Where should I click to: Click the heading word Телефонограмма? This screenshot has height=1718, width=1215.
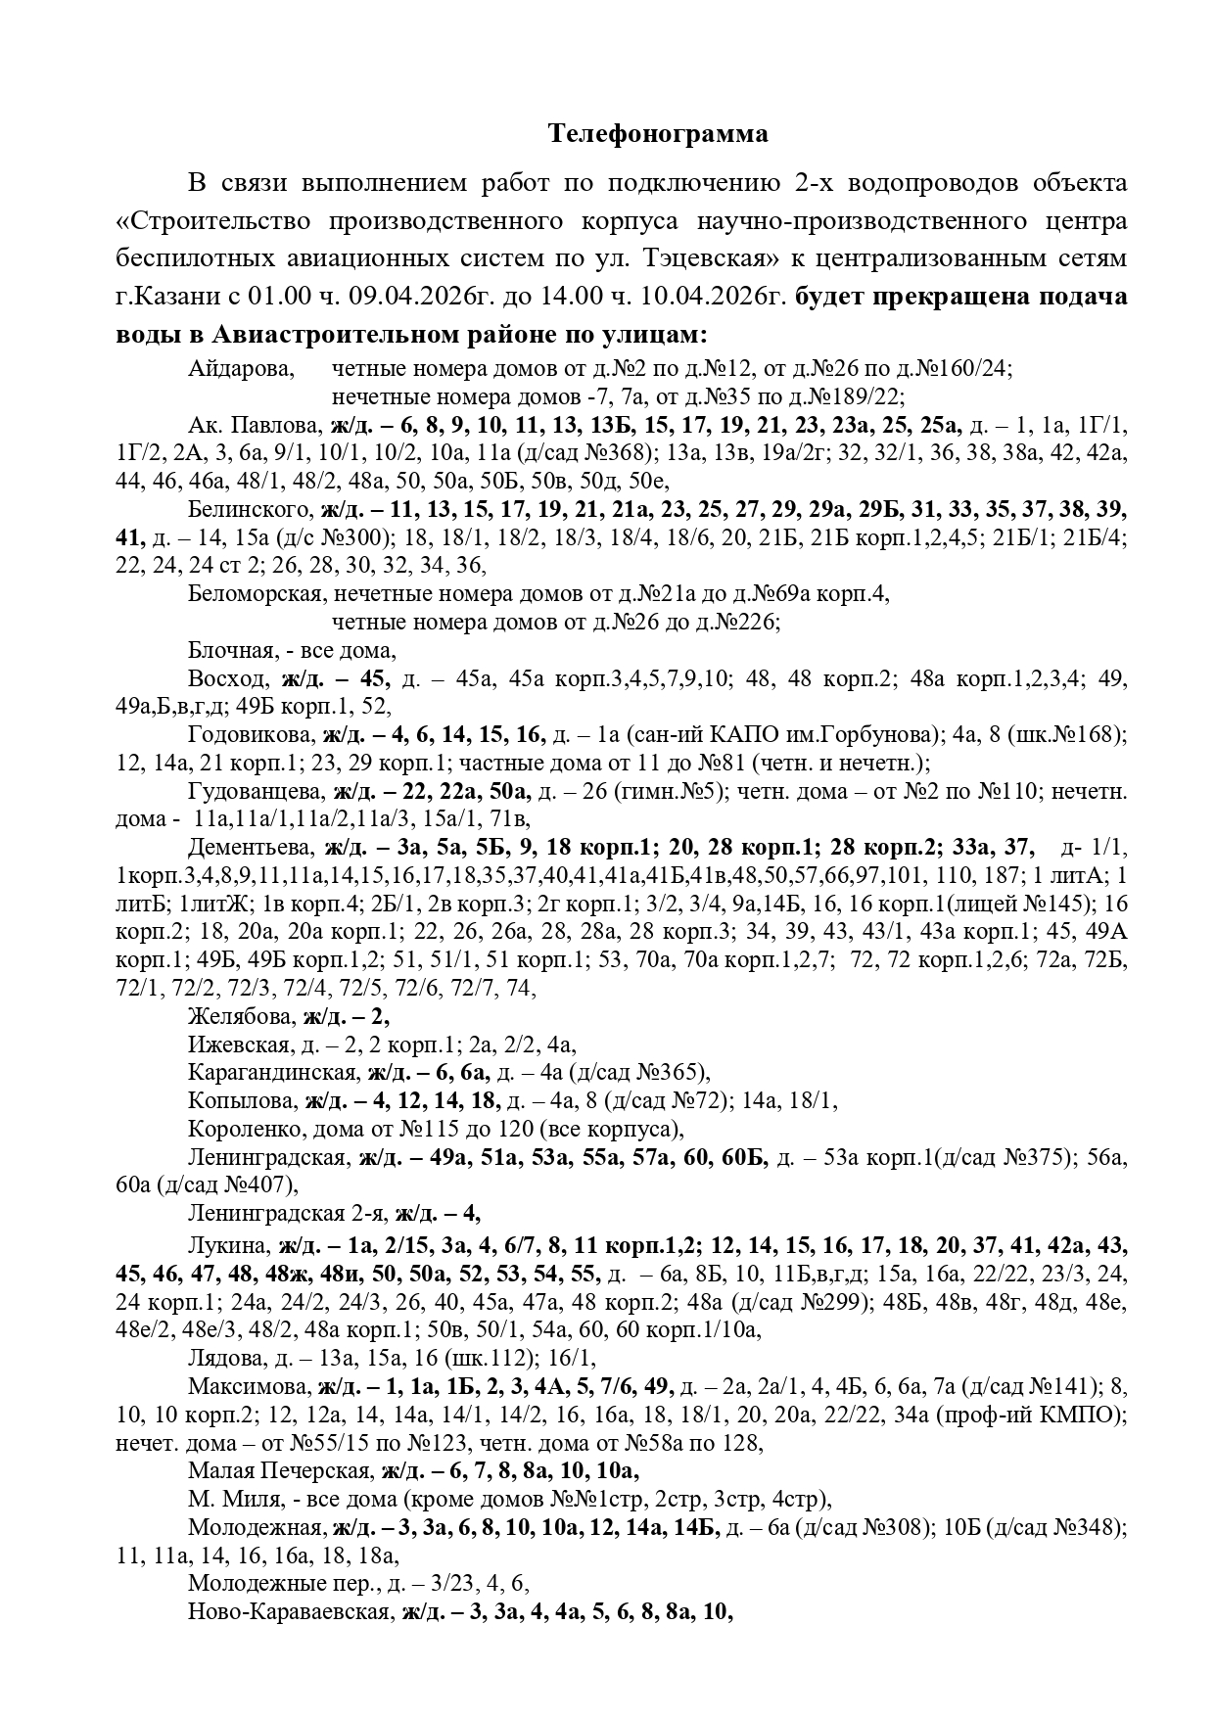[x=657, y=134]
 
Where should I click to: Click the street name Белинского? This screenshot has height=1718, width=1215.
[x=249, y=510]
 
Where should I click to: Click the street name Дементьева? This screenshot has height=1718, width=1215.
[x=250, y=848]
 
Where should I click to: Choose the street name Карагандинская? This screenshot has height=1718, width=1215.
[x=271, y=1073]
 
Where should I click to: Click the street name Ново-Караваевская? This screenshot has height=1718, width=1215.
[x=289, y=1612]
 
